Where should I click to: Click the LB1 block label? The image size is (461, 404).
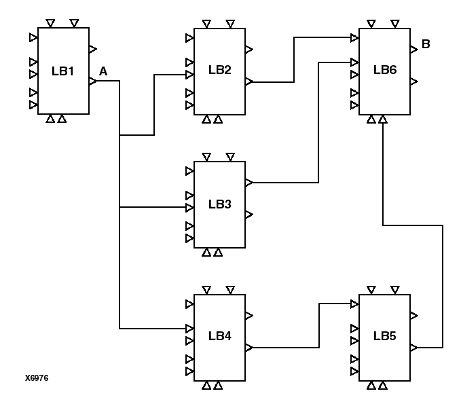tap(62, 71)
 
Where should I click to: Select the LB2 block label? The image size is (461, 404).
tap(220, 70)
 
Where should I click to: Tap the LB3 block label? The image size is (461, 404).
tap(220, 204)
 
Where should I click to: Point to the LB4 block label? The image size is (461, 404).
tap(220, 336)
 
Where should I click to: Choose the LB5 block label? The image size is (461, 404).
tap(384, 336)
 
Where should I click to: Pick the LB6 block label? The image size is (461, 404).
tap(384, 70)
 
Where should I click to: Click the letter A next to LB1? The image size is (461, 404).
tap(103, 71)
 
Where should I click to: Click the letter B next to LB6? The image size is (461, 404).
tap(426, 45)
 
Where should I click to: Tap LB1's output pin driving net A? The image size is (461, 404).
tap(93, 81)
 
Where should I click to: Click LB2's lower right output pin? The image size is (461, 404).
tap(249, 81)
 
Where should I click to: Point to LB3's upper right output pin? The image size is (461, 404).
tap(249, 182)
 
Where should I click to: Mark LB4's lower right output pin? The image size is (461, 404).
tap(249, 348)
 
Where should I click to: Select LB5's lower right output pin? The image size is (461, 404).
tap(413, 348)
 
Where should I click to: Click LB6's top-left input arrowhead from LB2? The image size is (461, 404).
tap(354, 37)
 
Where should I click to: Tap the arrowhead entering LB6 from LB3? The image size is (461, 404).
tap(354, 62)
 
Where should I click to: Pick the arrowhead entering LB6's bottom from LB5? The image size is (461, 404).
tap(384, 120)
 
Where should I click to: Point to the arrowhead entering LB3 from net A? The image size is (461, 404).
tap(190, 207)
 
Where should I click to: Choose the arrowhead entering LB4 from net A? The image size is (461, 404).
tap(190, 329)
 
